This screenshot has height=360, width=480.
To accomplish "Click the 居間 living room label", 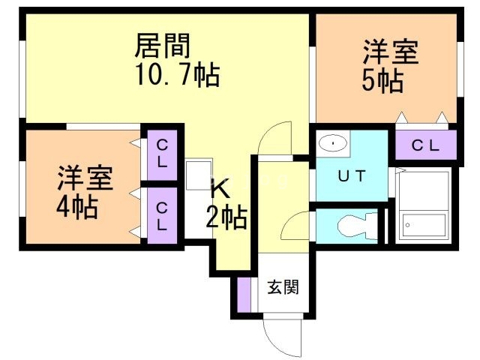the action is click(163, 46).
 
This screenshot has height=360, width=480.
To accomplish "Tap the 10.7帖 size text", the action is click(178, 75).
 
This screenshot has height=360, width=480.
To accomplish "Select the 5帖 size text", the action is click(382, 81).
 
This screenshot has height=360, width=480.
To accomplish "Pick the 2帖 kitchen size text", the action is click(226, 217).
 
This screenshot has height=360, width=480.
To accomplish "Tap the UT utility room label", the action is click(352, 175).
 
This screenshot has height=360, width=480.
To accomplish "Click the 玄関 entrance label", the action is click(283, 287).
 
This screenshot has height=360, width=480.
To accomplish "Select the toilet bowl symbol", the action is click(357, 226).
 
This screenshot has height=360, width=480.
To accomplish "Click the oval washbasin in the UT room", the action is click(333, 143).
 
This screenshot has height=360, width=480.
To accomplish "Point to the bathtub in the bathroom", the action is click(424, 225).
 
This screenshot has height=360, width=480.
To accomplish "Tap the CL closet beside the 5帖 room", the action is click(426, 145).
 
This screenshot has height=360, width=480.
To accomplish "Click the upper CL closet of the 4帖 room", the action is click(162, 155).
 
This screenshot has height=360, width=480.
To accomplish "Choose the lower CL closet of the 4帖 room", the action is click(162, 215).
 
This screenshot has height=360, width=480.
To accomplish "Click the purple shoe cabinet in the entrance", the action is click(244, 295).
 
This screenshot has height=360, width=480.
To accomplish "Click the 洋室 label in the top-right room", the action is click(391, 52).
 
